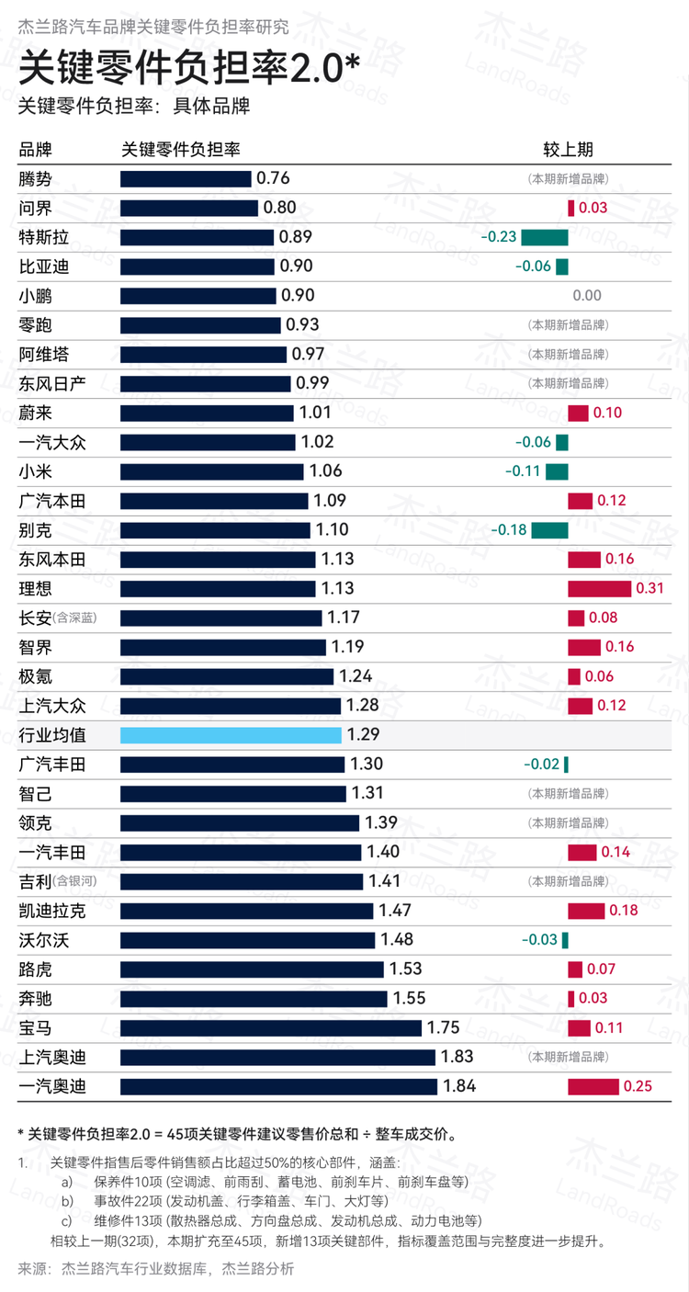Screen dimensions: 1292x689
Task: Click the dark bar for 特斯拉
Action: tap(197, 237)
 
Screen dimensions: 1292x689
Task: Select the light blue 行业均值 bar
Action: tap(232, 735)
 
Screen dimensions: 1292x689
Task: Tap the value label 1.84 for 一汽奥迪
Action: tap(459, 1087)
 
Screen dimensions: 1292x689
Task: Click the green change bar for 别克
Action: tap(549, 530)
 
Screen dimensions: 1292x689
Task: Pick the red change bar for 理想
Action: tap(599, 588)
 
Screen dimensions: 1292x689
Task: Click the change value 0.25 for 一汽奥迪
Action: tap(638, 1087)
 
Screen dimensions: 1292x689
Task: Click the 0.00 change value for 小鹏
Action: tap(587, 296)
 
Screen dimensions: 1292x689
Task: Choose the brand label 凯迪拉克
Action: tap(52, 912)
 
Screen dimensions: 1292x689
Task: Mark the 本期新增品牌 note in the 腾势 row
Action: tap(567, 179)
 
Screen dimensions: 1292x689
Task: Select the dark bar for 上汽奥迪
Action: tap(277, 1058)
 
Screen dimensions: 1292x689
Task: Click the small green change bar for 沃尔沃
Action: tap(565, 940)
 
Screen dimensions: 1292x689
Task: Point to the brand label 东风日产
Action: tap(52, 383)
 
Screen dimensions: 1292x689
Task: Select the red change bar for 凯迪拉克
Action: tap(586, 912)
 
